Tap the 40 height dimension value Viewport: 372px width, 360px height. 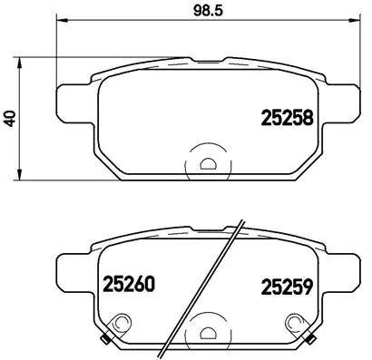click(10, 117)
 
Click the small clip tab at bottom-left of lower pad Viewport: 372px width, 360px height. click(108, 342)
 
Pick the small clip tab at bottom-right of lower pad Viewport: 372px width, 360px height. click(308, 342)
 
